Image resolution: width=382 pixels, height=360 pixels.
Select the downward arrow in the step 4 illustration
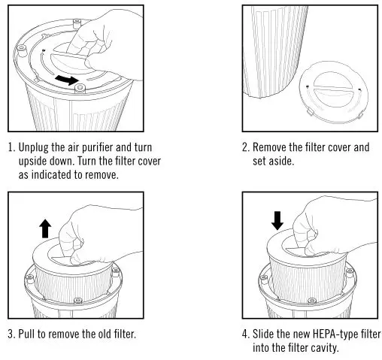(x=277, y=219)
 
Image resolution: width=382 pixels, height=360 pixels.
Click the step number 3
(x=11, y=333)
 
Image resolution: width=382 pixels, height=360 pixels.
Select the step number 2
(x=245, y=148)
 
